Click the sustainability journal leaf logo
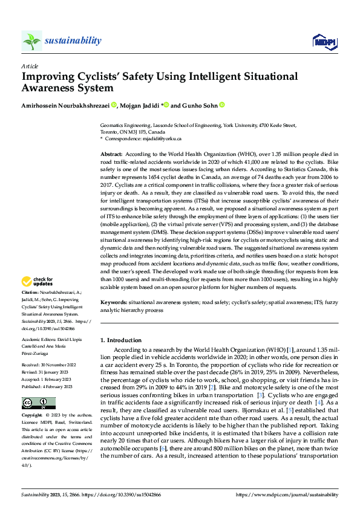31,41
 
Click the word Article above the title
29,66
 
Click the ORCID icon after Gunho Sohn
221,105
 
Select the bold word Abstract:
111,155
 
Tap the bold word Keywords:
113,301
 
